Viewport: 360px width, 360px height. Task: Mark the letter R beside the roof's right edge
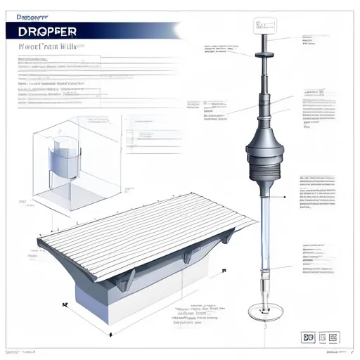224,270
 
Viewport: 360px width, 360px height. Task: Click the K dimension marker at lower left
63,285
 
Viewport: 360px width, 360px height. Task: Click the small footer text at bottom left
21,349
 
